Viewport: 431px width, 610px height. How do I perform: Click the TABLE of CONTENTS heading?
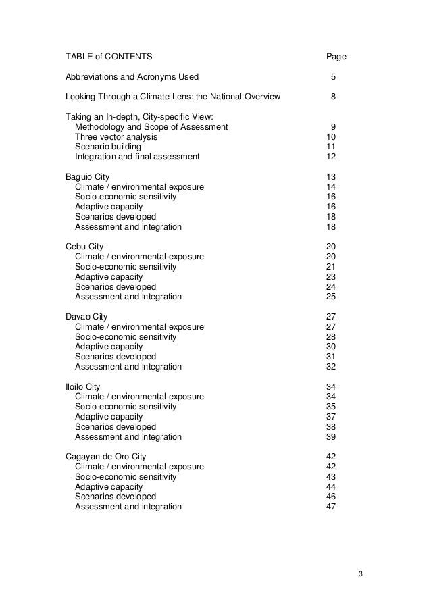(109, 56)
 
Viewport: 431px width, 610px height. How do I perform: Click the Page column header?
(336, 56)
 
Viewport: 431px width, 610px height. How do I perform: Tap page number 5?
(332, 76)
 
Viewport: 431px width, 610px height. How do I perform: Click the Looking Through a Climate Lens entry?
(172, 97)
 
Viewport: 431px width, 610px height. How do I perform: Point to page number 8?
(332, 97)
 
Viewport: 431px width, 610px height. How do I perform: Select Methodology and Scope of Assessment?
(151, 126)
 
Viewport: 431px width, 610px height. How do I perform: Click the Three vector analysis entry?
(116, 136)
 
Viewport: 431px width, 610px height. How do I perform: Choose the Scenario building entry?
(108, 147)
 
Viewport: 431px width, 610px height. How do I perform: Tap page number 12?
(331, 157)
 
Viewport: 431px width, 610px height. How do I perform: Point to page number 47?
(331, 507)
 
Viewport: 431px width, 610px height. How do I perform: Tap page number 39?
(331, 436)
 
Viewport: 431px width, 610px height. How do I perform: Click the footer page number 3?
(361, 574)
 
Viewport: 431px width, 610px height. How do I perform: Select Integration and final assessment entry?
(137, 157)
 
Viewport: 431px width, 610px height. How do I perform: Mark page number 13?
(331, 177)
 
